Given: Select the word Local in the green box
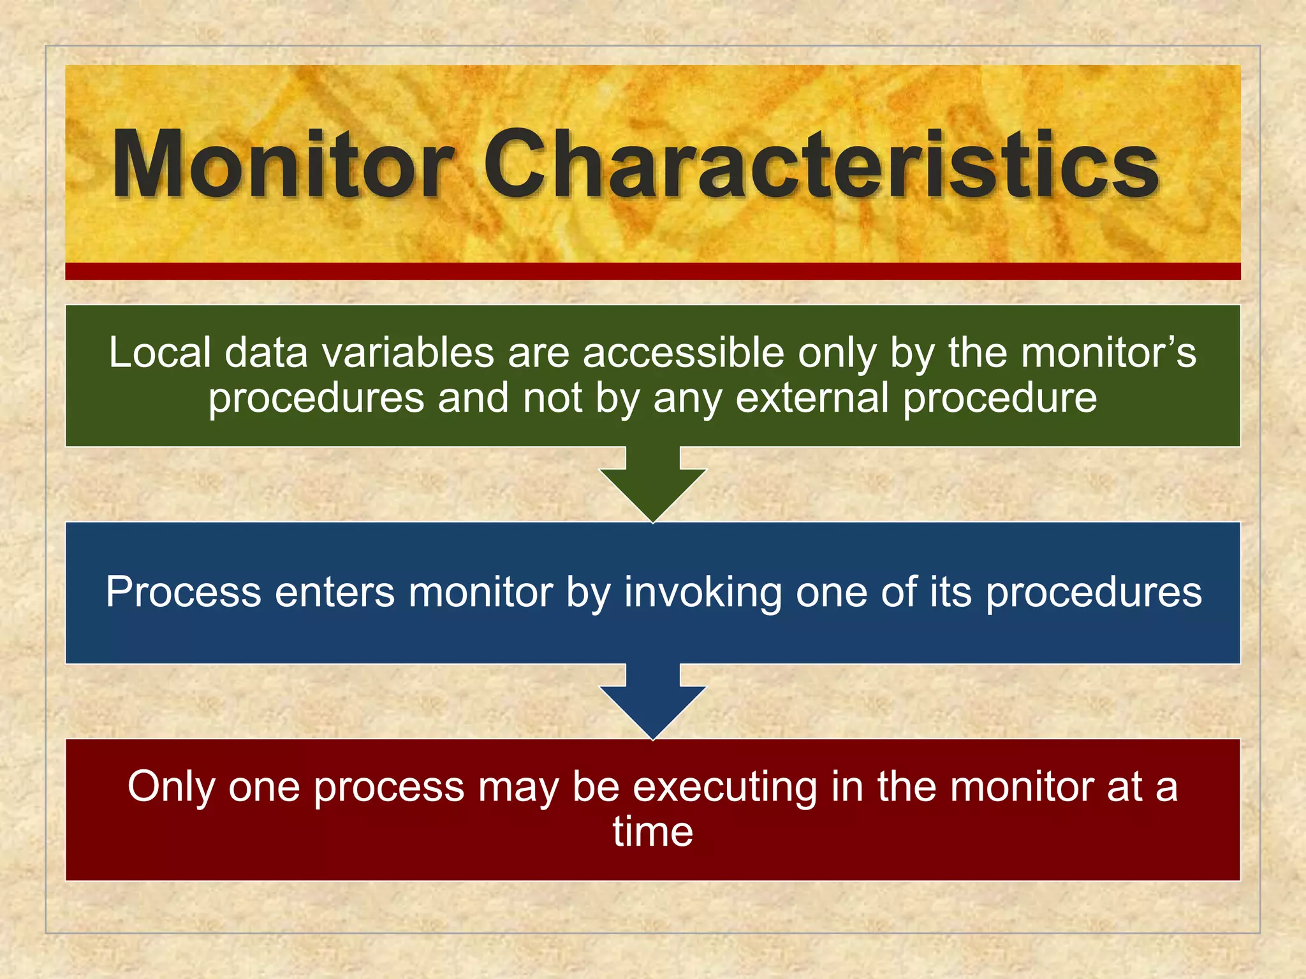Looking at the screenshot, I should pos(159,352).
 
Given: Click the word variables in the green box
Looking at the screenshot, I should pos(408,352).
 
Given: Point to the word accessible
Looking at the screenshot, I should pos(683,352).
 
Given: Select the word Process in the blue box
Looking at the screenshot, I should pos(184,592).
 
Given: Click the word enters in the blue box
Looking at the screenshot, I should pos(335,592).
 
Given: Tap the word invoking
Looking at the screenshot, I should pos(702,592).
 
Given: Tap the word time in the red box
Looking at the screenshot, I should pos(652,832).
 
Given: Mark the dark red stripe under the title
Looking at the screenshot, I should pos(652,272).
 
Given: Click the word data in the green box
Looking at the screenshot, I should pos(267,352).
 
